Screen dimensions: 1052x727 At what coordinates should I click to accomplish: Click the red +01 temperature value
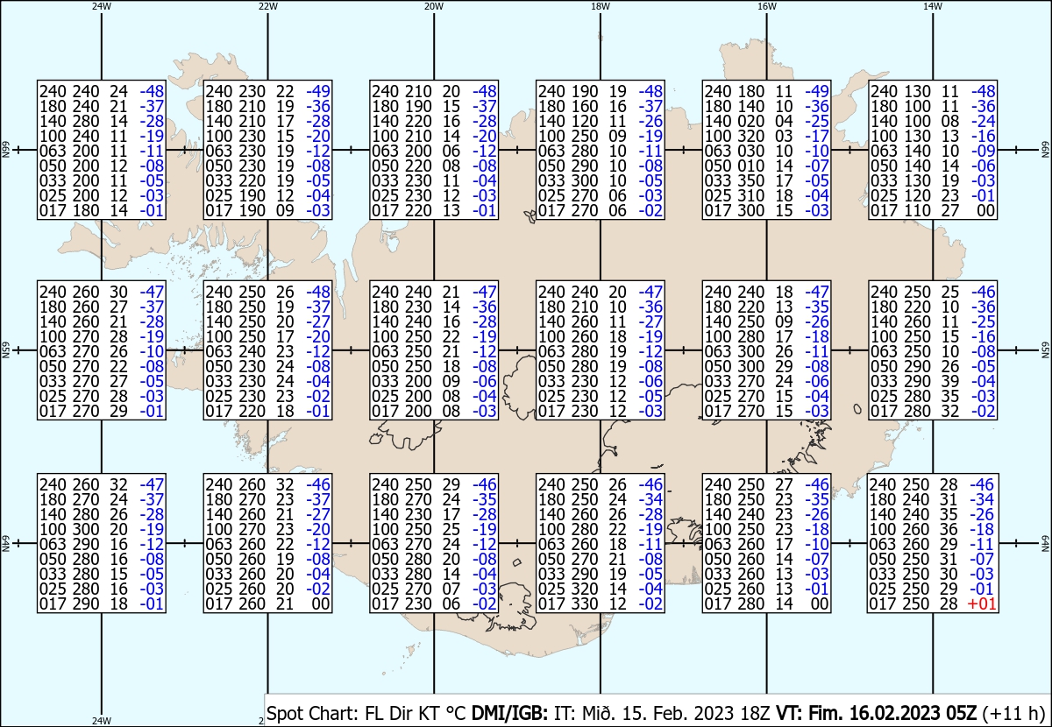pyautogui.click(x=982, y=604)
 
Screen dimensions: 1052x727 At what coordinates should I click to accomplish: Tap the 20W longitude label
pyautogui.click(x=433, y=7)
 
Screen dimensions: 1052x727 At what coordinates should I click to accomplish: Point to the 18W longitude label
pyautogui.click(x=601, y=7)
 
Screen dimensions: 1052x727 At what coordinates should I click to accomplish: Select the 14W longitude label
pyautogui.click(x=933, y=7)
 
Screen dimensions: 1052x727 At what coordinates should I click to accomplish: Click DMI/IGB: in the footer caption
pyautogui.click(x=509, y=713)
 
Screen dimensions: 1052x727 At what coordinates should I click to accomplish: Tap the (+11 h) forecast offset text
pyautogui.click(x=1013, y=713)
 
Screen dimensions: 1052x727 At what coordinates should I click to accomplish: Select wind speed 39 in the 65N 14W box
pyautogui.click(x=949, y=381)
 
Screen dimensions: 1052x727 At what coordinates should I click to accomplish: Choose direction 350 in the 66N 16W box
pyautogui.click(x=750, y=180)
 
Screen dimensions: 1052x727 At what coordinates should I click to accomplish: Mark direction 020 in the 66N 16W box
pyautogui.click(x=750, y=121)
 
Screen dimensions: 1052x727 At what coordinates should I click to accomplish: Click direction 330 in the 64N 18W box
pyautogui.click(x=584, y=604)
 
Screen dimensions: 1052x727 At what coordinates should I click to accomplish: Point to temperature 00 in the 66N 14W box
pyautogui.click(x=985, y=211)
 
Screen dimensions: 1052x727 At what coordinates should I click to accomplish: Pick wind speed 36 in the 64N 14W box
pyautogui.click(x=949, y=529)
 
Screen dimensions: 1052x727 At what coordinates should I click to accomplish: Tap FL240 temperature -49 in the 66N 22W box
pyautogui.click(x=318, y=91)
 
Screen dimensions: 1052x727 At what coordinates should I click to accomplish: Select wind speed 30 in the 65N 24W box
pyautogui.click(x=119, y=292)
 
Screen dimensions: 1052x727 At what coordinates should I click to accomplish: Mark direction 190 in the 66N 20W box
pyautogui.click(x=418, y=107)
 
